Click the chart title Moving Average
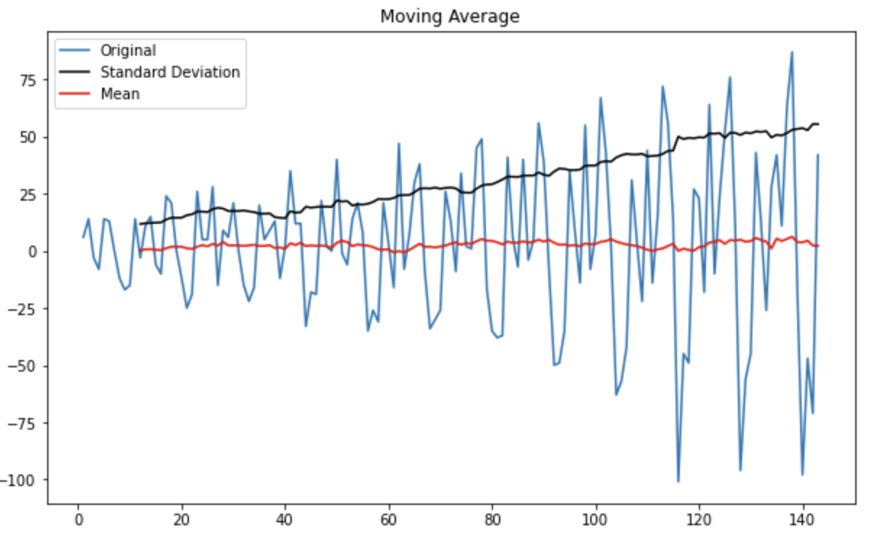click(x=450, y=16)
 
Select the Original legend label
click(x=127, y=51)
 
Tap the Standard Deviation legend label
click(x=169, y=72)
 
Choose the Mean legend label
click(x=119, y=94)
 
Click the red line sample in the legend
click(x=77, y=94)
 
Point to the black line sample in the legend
click(x=77, y=72)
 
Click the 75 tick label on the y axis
click(x=28, y=80)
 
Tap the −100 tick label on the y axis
click(x=21, y=480)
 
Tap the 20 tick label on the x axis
click(x=181, y=519)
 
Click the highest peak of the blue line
click(x=791, y=52)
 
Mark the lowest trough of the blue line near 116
click(x=678, y=481)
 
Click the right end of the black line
click(x=818, y=124)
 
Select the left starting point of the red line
click(x=140, y=250)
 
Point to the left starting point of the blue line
click(x=83, y=237)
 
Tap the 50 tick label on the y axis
click(x=28, y=138)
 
